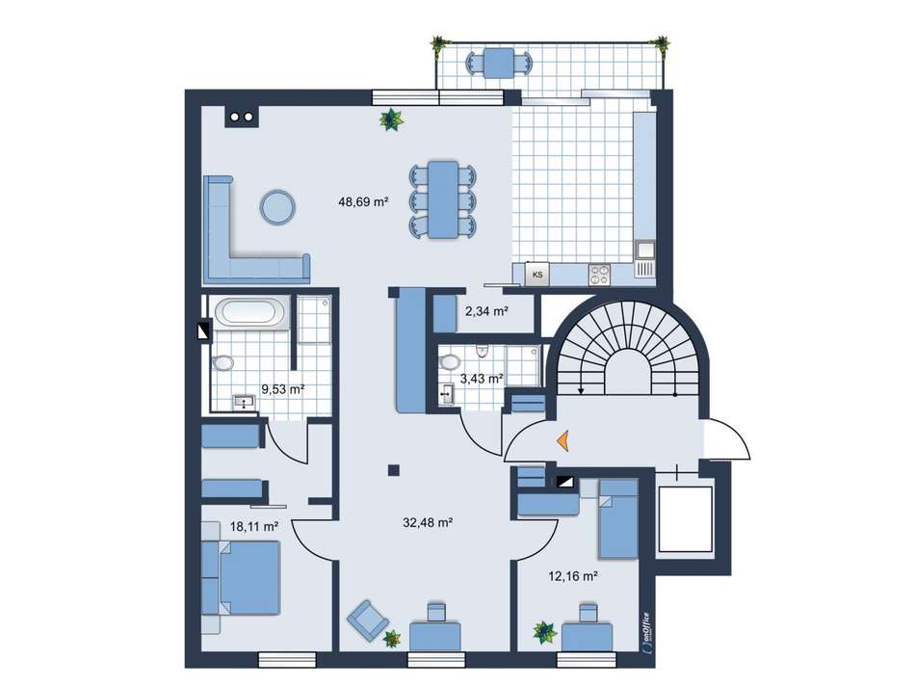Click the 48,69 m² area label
point(363,202)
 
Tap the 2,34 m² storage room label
point(486,311)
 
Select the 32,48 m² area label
point(429,522)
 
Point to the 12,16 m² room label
point(573,576)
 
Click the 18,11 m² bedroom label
point(254,526)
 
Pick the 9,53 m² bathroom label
point(283,389)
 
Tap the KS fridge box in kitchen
point(537,274)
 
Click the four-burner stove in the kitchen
point(599,275)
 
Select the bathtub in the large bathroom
point(250,311)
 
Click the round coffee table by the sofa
point(277,207)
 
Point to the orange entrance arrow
point(562,440)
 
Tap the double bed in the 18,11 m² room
point(241,577)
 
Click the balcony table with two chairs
point(499,63)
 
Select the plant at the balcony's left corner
point(438,43)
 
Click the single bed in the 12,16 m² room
point(618,518)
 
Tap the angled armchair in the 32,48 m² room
point(368,619)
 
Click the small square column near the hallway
point(394,470)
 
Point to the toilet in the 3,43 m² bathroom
point(449,362)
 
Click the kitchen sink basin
point(646,250)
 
